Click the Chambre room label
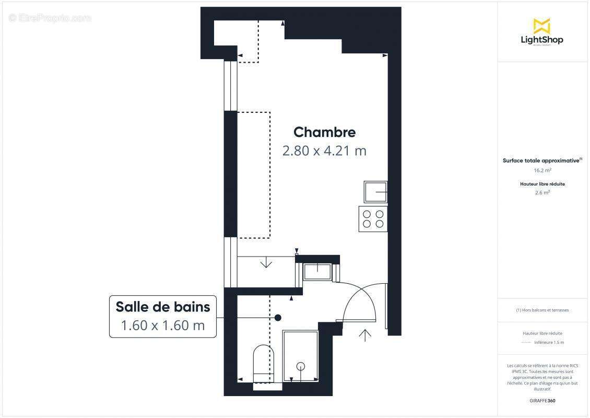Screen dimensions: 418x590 (x=324, y=132)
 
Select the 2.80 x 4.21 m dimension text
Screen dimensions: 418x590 (x=324, y=151)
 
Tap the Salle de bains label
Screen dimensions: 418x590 (x=163, y=307)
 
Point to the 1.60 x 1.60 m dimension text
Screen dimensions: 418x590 (x=163, y=325)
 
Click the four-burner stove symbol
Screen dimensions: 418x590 (x=373, y=219)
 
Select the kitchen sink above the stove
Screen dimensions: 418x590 (x=375, y=192)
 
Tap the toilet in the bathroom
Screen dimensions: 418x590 (x=263, y=363)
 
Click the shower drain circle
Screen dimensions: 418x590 (x=301, y=366)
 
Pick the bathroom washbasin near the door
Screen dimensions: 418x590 (x=317, y=270)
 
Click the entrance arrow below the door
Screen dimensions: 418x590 (x=365, y=335)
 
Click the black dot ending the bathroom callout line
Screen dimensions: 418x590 (x=278, y=317)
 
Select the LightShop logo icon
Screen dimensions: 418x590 (x=542, y=26)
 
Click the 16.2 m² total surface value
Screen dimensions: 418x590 (x=542, y=170)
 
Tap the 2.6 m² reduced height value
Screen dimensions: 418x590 (x=542, y=192)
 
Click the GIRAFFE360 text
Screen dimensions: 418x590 (x=542, y=401)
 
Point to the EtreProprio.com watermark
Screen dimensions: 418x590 (x=50, y=18)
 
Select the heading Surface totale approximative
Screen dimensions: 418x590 (x=541, y=161)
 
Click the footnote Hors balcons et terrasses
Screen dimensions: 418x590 (x=542, y=310)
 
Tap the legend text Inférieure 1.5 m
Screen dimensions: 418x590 (x=549, y=342)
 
